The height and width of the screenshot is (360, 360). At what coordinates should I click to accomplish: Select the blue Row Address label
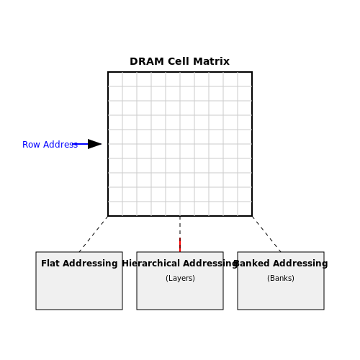click(x=50, y=145)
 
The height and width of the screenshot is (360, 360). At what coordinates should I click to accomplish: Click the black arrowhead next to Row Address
click(x=94, y=144)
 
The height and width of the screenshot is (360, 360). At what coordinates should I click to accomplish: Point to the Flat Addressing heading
click(x=79, y=264)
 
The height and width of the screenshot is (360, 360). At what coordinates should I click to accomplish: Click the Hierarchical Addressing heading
click(x=180, y=264)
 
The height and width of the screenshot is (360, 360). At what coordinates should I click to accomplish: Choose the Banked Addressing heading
click(x=281, y=264)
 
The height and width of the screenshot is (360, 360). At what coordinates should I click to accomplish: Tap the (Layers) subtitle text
click(x=180, y=278)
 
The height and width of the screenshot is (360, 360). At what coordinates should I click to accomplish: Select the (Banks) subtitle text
click(x=281, y=278)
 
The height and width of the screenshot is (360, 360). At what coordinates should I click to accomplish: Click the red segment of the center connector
click(x=180, y=245)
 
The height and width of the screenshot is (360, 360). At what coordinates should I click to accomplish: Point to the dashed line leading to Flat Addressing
click(x=94, y=234)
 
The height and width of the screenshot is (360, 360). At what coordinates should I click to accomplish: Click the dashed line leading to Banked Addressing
click(x=266, y=234)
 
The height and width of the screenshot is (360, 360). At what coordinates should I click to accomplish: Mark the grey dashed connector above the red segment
click(x=180, y=227)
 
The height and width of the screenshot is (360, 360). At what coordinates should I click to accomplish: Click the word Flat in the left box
click(x=50, y=264)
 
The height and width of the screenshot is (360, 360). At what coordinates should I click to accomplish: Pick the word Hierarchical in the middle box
click(x=150, y=264)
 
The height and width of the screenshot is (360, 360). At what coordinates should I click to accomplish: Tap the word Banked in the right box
click(x=251, y=264)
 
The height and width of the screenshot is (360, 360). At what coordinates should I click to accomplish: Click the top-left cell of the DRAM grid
click(x=115, y=79)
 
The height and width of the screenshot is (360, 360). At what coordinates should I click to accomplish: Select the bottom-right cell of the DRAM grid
click(x=245, y=209)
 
